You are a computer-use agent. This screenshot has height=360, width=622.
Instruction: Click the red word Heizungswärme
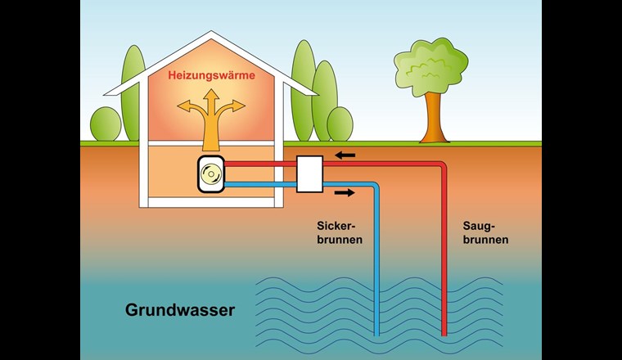click(x=211, y=75)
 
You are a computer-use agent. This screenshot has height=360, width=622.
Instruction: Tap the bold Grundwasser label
click(x=180, y=310)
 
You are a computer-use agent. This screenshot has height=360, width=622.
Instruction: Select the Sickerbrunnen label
click(x=338, y=232)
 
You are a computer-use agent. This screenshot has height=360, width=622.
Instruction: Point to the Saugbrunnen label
click(x=491, y=232)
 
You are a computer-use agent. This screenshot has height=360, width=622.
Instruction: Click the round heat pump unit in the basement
click(x=211, y=174)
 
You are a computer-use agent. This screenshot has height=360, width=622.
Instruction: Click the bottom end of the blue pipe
click(x=379, y=334)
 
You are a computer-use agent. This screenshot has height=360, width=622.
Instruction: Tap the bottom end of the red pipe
click(x=444, y=334)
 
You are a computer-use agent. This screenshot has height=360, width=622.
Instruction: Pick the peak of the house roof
click(x=211, y=34)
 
